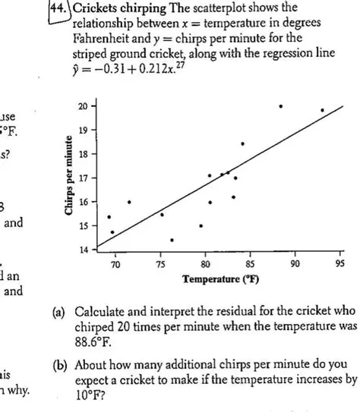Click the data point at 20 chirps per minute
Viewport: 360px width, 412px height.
pyautogui.click(x=280, y=106)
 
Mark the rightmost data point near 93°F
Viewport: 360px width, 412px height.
pyautogui.click(x=322, y=111)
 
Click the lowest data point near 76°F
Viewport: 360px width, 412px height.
pyautogui.click(x=172, y=240)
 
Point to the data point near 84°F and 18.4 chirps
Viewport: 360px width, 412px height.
pyautogui.click(x=242, y=143)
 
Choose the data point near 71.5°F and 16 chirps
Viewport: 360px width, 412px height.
pyautogui.click(x=129, y=202)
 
